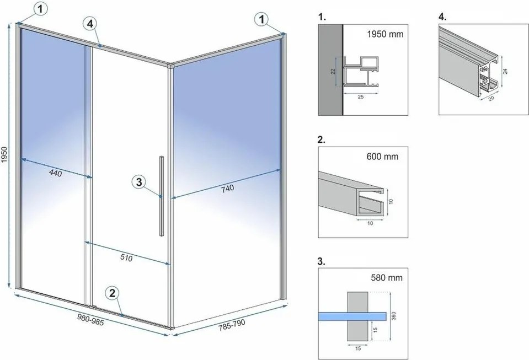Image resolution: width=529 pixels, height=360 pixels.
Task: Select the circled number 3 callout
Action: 140,181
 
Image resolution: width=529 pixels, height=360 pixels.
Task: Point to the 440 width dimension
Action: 55,174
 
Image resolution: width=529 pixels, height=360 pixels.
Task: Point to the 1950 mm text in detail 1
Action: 385,34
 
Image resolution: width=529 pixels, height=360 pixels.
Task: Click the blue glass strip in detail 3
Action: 352,315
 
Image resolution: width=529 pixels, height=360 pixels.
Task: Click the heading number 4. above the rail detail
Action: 442,17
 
